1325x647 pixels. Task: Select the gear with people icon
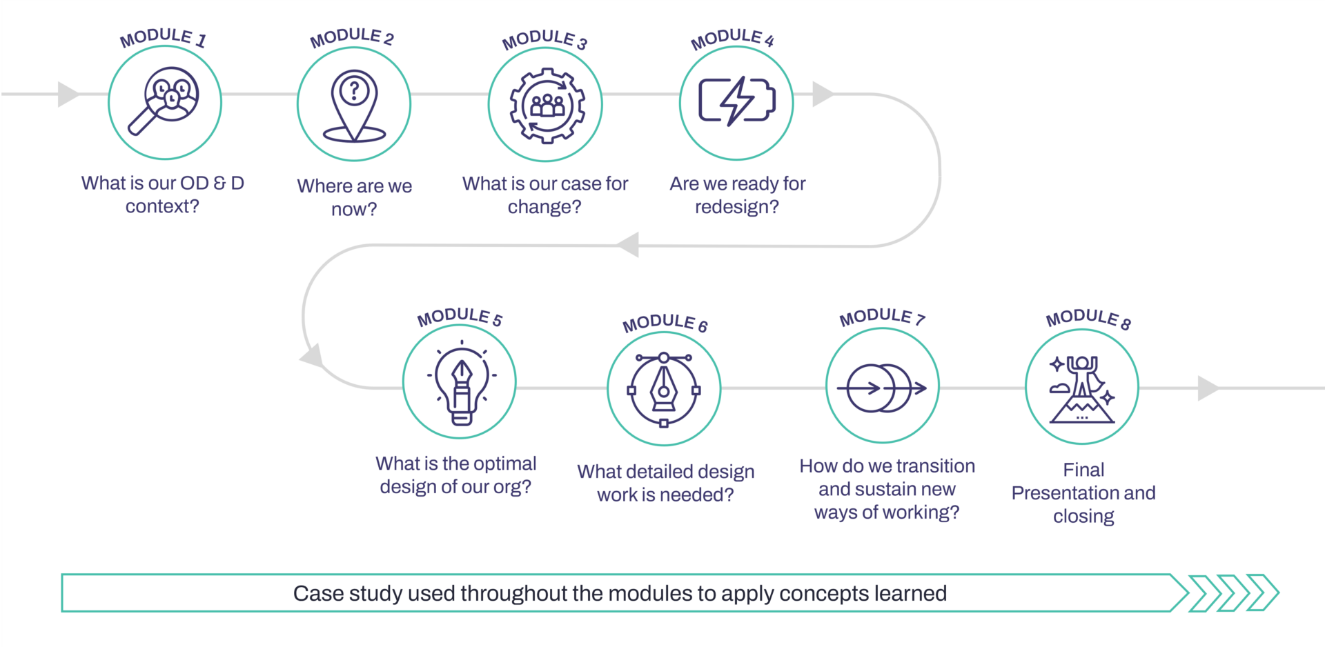[547, 106]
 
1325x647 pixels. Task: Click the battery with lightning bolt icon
[737, 101]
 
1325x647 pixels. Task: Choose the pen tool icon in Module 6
[664, 390]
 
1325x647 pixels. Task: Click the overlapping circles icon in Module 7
[882, 388]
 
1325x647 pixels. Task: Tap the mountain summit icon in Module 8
[1081, 389]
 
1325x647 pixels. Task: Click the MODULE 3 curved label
[544, 39]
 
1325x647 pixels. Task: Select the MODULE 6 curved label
[665, 323]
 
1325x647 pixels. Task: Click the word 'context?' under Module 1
[162, 206]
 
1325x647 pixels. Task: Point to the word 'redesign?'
[737, 207]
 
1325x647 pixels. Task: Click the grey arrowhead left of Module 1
[69, 94]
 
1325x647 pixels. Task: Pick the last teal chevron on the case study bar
[1264, 593]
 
